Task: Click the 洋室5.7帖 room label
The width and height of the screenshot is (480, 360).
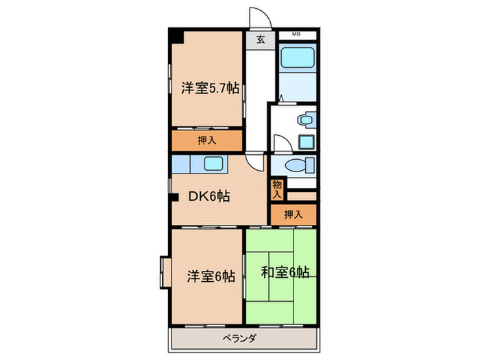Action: pyautogui.click(x=210, y=88)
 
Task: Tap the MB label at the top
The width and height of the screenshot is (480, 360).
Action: pyautogui.click(x=296, y=34)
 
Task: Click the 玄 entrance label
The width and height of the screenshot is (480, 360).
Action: pyautogui.click(x=261, y=39)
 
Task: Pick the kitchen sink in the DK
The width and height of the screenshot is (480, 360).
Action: pyautogui.click(x=214, y=164)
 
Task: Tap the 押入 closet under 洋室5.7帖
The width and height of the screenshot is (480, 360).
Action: pyautogui.click(x=206, y=141)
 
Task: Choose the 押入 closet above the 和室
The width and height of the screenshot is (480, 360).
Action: pyautogui.click(x=293, y=215)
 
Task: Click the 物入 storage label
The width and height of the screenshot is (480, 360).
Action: pyautogui.click(x=276, y=188)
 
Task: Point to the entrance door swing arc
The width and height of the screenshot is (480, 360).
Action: pyautogui.click(x=256, y=16)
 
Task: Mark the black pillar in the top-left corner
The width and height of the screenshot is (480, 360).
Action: pyautogui.click(x=177, y=36)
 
